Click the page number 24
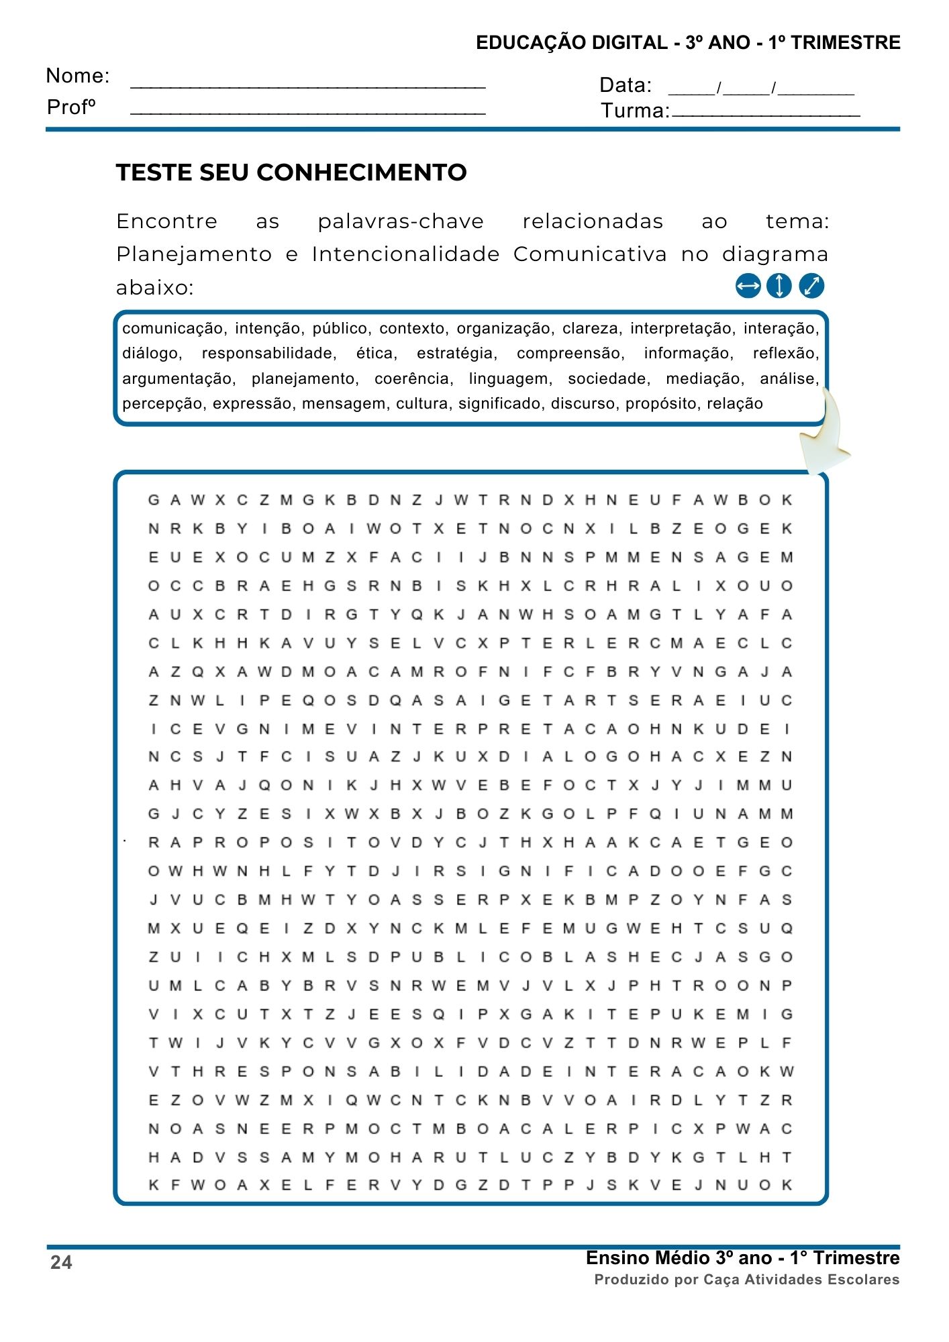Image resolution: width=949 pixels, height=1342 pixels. tap(61, 1263)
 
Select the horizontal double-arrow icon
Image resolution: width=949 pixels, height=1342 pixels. tap(748, 286)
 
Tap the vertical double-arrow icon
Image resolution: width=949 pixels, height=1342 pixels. tap(779, 286)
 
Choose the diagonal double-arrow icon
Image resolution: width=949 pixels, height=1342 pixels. tap(811, 286)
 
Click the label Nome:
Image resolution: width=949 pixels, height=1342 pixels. tap(77, 76)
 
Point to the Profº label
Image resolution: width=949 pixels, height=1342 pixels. tap(71, 107)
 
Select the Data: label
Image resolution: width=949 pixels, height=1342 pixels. tap(625, 85)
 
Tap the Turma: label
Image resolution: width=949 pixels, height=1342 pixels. tap(635, 111)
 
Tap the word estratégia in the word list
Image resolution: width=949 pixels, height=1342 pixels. tap(456, 354)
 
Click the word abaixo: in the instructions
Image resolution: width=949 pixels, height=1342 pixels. tap(154, 288)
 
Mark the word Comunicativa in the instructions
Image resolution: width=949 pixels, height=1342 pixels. tap(590, 254)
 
